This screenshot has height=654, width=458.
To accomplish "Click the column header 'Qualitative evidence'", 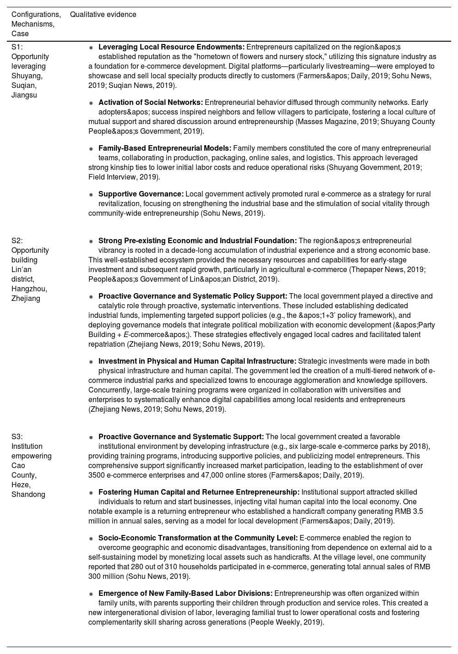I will click(103, 15).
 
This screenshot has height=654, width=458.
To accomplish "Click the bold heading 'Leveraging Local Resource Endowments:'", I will click(171, 47).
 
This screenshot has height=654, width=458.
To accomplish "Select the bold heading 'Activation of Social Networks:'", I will click(150, 103).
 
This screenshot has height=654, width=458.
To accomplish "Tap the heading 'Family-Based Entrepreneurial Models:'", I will click(164, 148).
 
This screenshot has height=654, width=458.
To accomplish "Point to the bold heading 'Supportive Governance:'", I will click(141, 194).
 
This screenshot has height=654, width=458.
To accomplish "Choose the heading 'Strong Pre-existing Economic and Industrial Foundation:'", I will click(197, 241).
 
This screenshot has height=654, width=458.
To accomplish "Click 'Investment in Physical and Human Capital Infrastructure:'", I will click(197, 361).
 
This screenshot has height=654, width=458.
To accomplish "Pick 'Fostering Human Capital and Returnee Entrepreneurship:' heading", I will click(199, 492).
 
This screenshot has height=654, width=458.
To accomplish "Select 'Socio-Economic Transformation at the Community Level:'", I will click(198, 538).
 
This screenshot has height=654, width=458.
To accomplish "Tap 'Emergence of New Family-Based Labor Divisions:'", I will click(185, 594).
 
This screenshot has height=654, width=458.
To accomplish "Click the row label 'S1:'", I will click(17, 47).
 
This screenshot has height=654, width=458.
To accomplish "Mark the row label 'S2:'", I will click(17, 241).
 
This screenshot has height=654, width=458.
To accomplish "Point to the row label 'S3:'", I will click(17, 437).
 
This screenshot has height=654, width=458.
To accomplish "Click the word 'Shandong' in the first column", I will click(28, 495).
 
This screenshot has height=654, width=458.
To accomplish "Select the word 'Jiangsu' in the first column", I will click(24, 95).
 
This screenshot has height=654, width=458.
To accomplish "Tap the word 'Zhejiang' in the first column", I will click(26, 299).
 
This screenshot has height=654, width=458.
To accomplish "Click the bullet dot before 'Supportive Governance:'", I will click(92, 195).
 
